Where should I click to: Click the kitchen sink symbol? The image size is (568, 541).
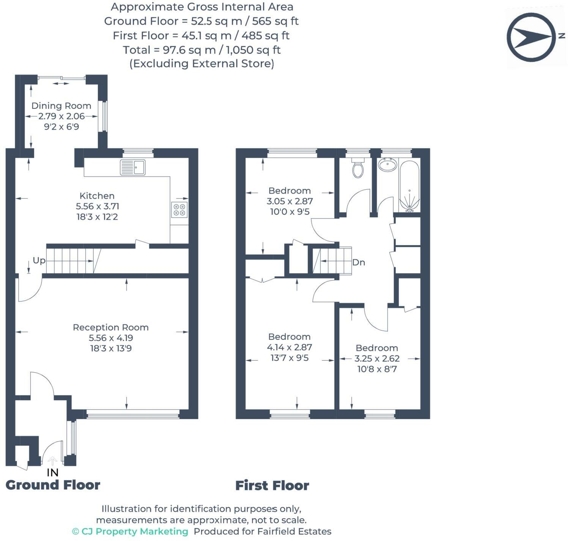133,167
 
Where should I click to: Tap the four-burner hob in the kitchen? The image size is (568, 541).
179,209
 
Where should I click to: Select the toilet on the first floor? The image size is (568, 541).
358,168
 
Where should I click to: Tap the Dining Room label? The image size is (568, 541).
61,106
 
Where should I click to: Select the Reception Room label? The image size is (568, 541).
111,327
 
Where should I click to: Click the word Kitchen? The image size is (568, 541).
97,196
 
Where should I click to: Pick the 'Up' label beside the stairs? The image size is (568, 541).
39,260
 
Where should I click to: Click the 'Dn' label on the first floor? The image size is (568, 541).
359,262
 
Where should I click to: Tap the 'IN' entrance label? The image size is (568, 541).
53,472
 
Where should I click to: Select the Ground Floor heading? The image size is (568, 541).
53,485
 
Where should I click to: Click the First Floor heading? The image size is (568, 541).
272,485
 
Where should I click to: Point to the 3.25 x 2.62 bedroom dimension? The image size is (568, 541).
377,359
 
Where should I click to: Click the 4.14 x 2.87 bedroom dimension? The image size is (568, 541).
290,347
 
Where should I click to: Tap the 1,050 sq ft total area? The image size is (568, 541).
253,50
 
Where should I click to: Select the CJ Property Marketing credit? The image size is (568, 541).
130,531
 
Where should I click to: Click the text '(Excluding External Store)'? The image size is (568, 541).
201,64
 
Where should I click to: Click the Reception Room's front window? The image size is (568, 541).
133,414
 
